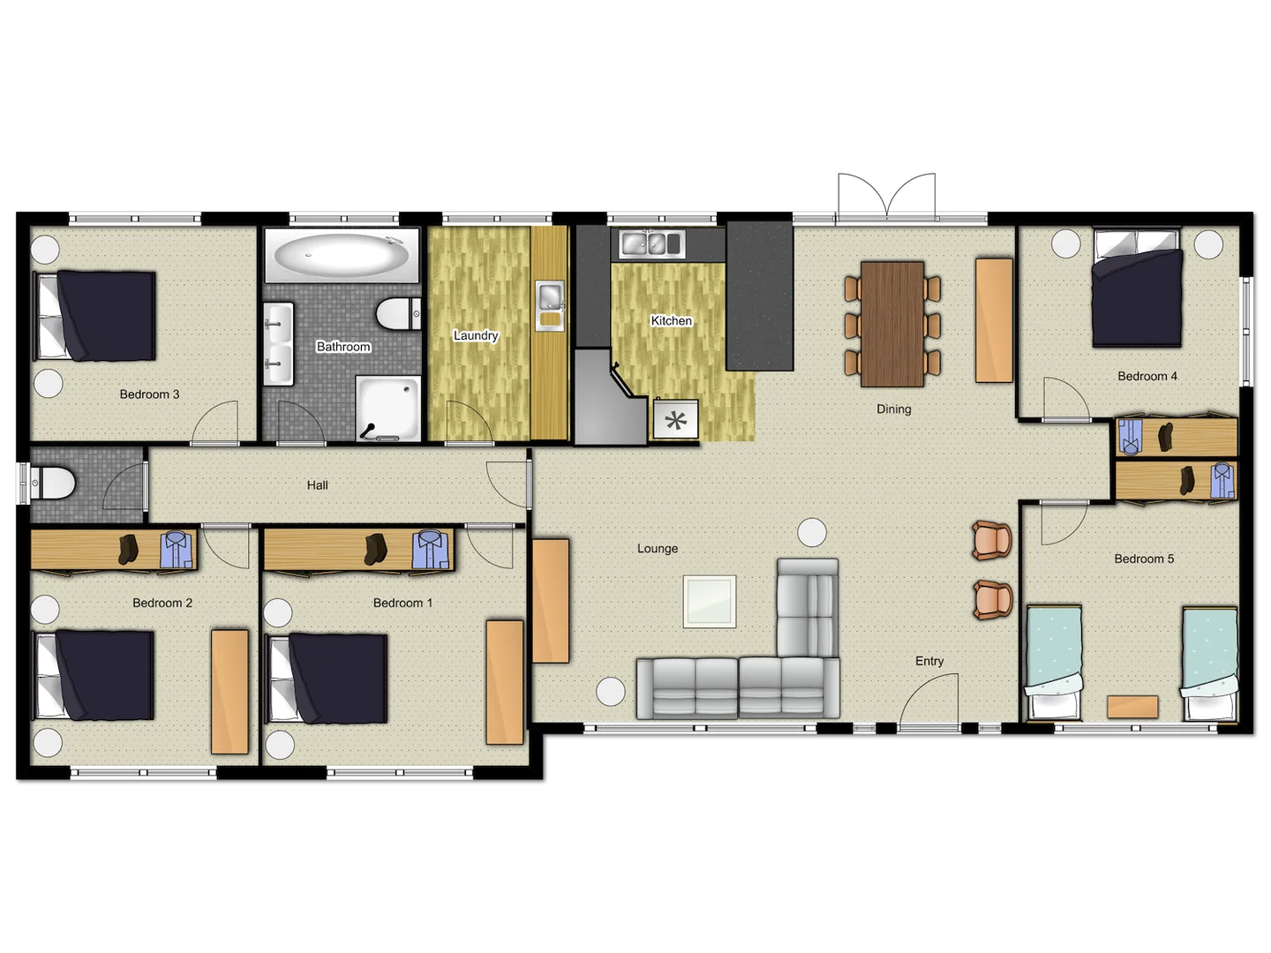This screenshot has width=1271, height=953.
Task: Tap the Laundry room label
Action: pyautogui.click(x=476, y=335)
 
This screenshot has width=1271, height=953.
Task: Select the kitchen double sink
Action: pyautogui.click(x=652, y=243)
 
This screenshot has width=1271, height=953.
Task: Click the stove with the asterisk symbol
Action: pyautogui.click(x=676, y=420)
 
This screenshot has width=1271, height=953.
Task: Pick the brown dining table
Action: pyautogui.click(x=892, y=324)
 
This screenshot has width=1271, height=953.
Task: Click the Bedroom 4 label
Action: pyautogui.click(x=1147, y=376)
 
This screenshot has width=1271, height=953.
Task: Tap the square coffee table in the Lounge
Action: pyautogui.click(x=710, y=602)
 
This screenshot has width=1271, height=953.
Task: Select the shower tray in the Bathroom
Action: pyautogui.click(x=389, y=408)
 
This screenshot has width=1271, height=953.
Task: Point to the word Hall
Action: pyautogui.click(x=318, y=484)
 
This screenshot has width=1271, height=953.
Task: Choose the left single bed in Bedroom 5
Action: pyautogui.click(x=1054, y=662)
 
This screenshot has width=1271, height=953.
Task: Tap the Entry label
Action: pyautogui.click(x=929, y=661)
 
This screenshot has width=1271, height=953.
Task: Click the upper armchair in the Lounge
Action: pyautogui.click(x=992, y=540)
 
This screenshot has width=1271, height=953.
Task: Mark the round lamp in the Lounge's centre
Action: pyautogui.click(x=811, y=532)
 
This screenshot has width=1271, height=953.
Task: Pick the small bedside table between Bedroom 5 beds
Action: pyautogui.click(x=1132, y=707)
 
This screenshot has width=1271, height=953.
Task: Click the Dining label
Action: pyautogui.click(x=893, y=409)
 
